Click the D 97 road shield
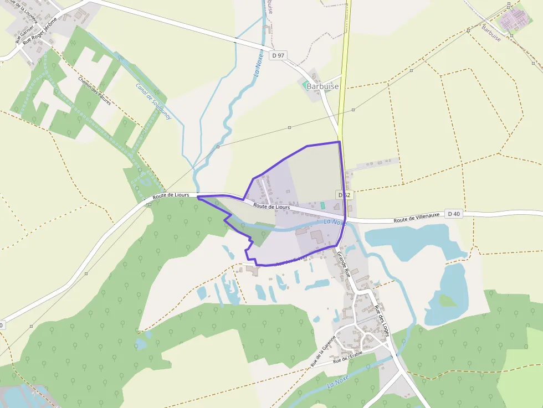pos(278,55)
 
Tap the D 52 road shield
pos(344,195)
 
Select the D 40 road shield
pos(454,214)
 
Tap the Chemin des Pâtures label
pos(95,90)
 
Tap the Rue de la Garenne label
pos(324,351)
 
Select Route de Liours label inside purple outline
pos(271,206)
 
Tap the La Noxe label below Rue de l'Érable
pos(338,381)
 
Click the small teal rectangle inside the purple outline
pos(322,205)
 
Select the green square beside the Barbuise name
pos(305,85)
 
